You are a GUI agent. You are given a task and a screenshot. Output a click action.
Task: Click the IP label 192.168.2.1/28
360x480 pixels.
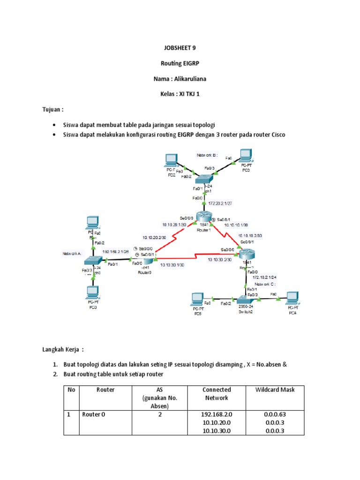click(115, 251)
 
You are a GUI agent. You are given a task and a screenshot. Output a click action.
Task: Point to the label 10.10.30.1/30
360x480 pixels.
click(172, 265)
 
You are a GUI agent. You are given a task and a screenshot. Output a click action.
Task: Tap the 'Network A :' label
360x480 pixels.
click(73, 253)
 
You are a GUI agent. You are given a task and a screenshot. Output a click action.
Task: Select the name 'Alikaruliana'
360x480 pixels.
click(189, 79)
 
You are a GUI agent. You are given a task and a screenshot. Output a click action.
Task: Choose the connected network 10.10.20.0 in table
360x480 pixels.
click(216, 423)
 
